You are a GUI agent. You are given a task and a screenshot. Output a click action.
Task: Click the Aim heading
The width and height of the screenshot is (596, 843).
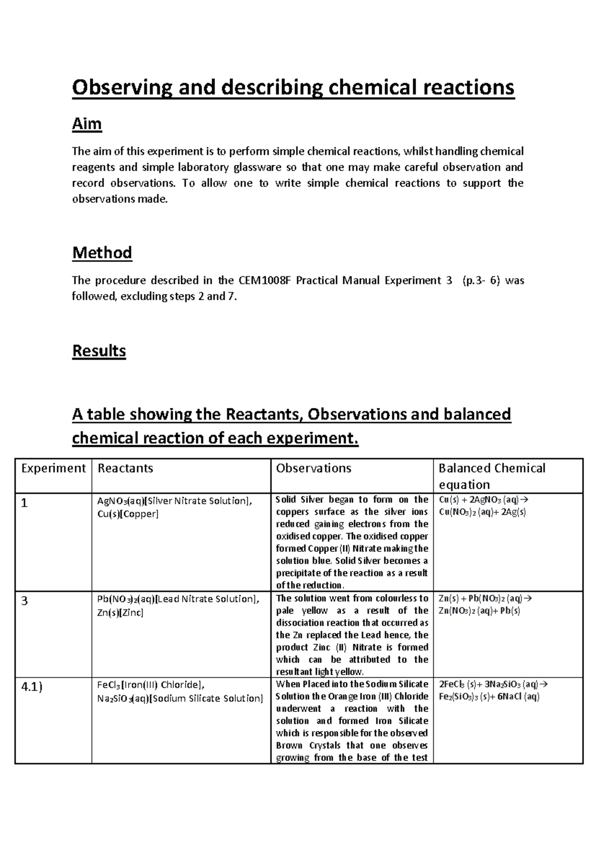point(87,123)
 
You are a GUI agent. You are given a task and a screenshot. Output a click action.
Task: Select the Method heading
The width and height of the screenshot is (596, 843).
point(102,253)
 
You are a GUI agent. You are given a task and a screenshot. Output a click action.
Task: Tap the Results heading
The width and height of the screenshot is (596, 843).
point(99,351)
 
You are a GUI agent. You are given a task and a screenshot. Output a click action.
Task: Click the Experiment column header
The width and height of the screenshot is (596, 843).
point(53,468)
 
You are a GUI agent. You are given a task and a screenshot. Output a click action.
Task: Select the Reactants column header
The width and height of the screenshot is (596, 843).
point(125,468)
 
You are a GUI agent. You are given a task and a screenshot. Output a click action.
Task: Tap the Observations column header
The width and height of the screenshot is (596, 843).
point(313,468)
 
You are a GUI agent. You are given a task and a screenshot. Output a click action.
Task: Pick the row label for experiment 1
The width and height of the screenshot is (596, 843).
point(24,503)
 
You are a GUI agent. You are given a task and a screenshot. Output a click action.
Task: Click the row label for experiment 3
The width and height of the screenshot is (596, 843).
point(25,601)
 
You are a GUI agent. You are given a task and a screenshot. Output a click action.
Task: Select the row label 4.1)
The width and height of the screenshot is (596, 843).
point(32,687)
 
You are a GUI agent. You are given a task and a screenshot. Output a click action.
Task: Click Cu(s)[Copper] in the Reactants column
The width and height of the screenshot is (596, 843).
point(128,514)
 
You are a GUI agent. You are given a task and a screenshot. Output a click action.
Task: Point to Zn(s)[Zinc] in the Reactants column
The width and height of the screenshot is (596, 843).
point(120,612)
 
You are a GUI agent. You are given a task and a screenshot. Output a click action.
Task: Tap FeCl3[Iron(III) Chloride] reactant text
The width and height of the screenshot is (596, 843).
point(150,685)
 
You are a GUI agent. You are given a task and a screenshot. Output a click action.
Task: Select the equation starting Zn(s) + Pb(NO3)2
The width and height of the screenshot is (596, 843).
point(485,598)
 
